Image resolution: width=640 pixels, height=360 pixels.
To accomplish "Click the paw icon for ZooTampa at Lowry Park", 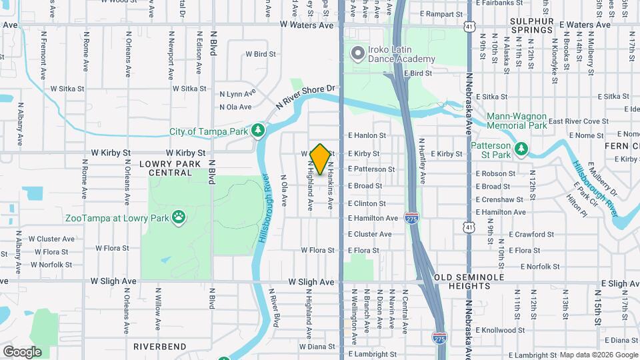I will point(178,216).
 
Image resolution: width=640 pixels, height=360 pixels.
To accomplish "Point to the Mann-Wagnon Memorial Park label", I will point(517,120).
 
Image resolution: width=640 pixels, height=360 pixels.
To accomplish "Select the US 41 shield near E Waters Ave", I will point(471,26).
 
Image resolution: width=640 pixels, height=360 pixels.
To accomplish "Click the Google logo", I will point(21,352).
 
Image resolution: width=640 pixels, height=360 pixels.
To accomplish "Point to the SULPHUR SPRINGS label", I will point(532,25).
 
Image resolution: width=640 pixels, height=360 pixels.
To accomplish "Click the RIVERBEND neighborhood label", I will point(159,347).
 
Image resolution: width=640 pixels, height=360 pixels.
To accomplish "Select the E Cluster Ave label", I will point(369,234).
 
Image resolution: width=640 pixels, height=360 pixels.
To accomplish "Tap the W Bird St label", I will point(261,54).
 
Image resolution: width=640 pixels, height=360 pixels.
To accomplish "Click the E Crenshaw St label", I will point(499,199).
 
